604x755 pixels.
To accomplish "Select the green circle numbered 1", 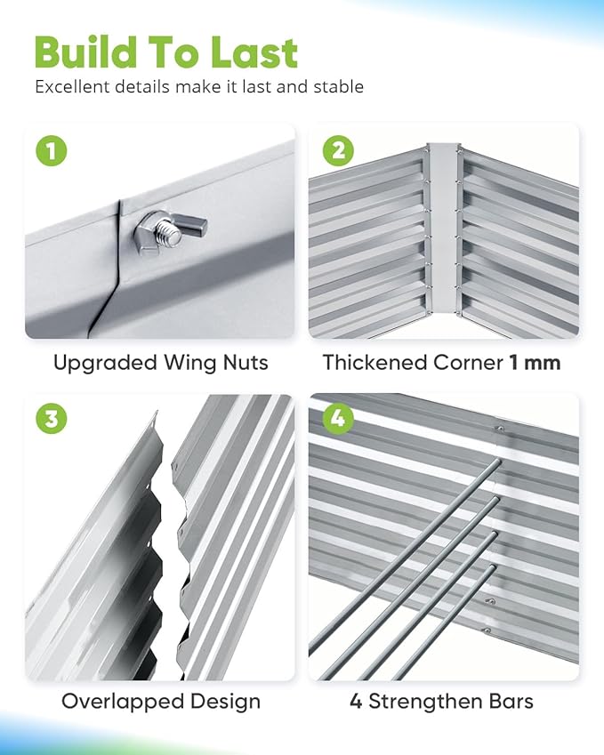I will [52, 150].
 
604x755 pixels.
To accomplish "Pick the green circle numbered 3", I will [52, 420].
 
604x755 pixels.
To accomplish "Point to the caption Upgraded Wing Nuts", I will [160, 363].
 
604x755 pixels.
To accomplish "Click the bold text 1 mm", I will [536, 363].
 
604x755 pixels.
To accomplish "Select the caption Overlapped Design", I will [160, 701].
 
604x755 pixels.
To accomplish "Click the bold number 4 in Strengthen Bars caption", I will [356, 701].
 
